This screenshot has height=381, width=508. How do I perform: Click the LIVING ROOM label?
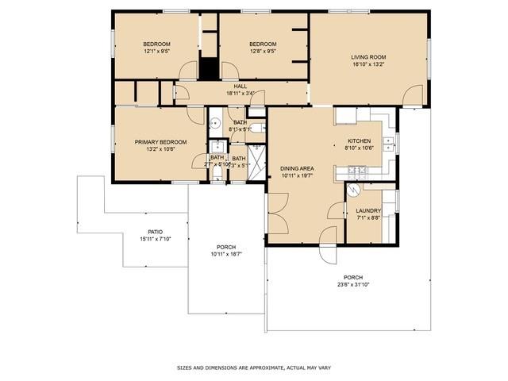coord(368,57)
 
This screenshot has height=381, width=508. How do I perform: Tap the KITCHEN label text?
coord(360,140)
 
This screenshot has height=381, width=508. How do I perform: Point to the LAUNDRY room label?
coord(368,210)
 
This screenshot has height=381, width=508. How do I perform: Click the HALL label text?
coord(240,87)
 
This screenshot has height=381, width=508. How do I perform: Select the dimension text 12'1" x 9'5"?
coord(156,51)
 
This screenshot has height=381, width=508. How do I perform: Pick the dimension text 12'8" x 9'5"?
coord(262,51)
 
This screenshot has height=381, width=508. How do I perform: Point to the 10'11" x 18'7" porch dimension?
coord(225,254)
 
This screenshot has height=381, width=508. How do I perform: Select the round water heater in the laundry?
coord(355,190)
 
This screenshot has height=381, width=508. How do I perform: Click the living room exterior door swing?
coord(413,97)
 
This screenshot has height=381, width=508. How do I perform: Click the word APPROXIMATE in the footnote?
coord(274,368)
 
